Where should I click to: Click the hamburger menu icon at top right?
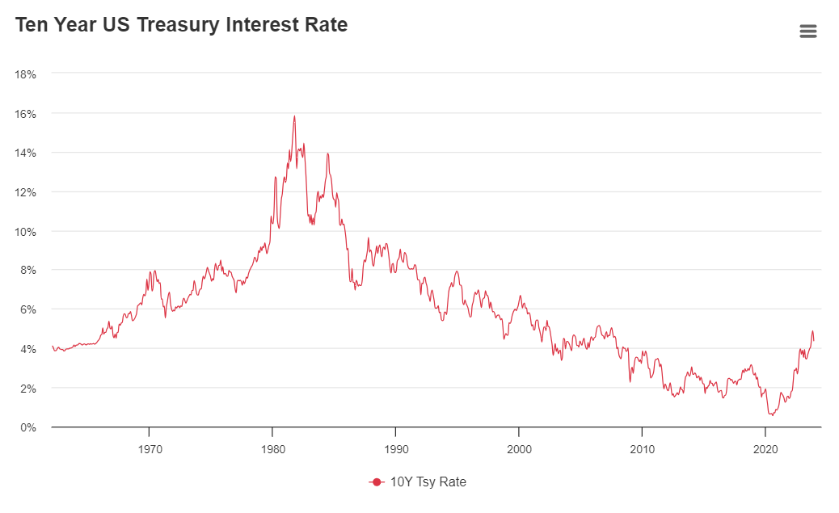coord(807,32)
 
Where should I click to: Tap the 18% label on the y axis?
coord(26,74)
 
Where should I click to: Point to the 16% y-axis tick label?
coord(26,114)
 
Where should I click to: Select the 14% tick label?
coord(26,153)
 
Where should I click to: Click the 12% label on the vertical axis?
coord(26,192)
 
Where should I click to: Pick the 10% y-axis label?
coord(26,232)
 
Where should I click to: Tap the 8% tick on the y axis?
coord(28,271)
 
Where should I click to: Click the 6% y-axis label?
coord(28,309)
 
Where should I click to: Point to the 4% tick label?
coord(28,349)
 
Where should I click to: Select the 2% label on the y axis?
coord(28,389)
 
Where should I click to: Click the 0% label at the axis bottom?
coord(28,427)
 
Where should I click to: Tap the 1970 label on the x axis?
coord(149,448)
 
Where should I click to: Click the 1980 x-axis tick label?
coord(272,448)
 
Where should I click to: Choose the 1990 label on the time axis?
coord(395,448)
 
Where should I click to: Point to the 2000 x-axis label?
coord(519,448)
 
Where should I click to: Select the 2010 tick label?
coord(642,448)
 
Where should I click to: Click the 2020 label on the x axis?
coord(765,448)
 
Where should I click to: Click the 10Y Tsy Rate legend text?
coord(428,482)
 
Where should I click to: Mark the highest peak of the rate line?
coord(294,116)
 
